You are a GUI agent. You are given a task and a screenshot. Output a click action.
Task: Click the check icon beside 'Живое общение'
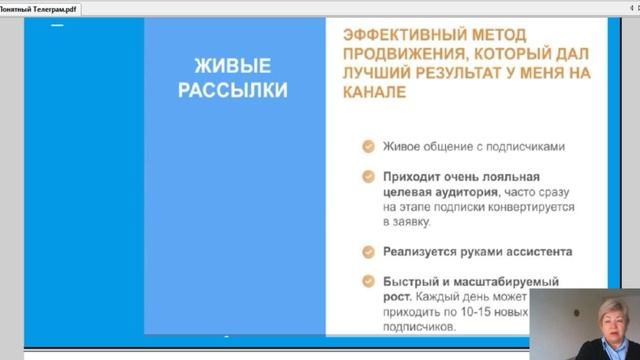(368, 146)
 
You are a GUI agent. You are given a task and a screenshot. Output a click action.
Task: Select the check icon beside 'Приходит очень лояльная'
(368, 176)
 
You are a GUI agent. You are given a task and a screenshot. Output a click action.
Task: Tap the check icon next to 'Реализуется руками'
(368, 251)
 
